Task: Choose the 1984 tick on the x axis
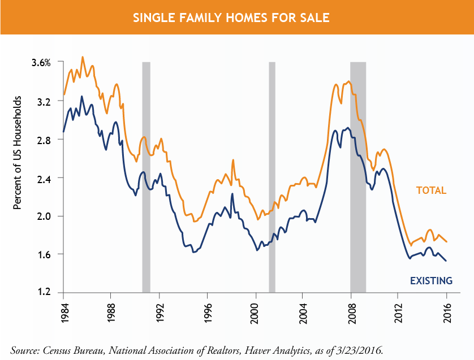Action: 63,313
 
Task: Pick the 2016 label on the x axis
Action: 446,313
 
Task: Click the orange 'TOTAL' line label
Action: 432,190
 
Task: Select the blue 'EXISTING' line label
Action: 430,280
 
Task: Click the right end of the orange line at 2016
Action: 447,242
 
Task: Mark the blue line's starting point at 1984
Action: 63,132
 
